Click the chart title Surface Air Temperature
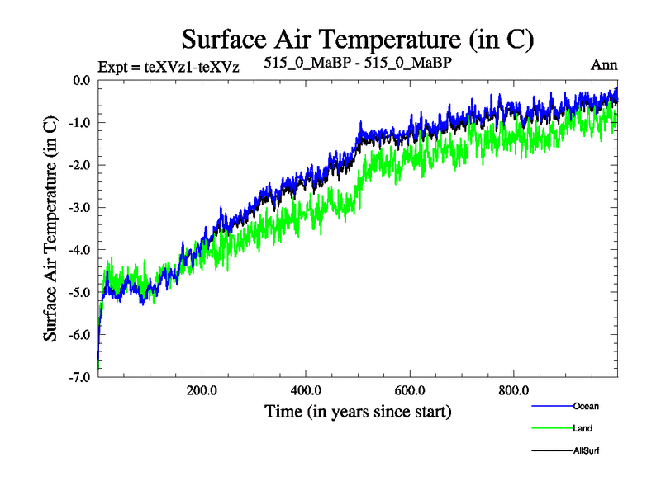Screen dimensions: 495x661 pyautogui.click(x=358, y=39)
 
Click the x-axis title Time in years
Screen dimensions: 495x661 pyautogui.click(x=358, y=410)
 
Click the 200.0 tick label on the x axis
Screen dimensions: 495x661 pyautogui.click(x=202, y=389)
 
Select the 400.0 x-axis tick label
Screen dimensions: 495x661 pyautogui.click(x=306, y=389)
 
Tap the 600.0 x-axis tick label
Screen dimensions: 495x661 pyautogui.click(x=410, y=389)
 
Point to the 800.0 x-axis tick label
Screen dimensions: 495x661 pyautogui.click(x=514, y=389)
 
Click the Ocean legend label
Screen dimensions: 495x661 pyautogui.click(x=586, y=406)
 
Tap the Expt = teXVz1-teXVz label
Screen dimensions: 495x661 pyautogui.click(x=169, y=67)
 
